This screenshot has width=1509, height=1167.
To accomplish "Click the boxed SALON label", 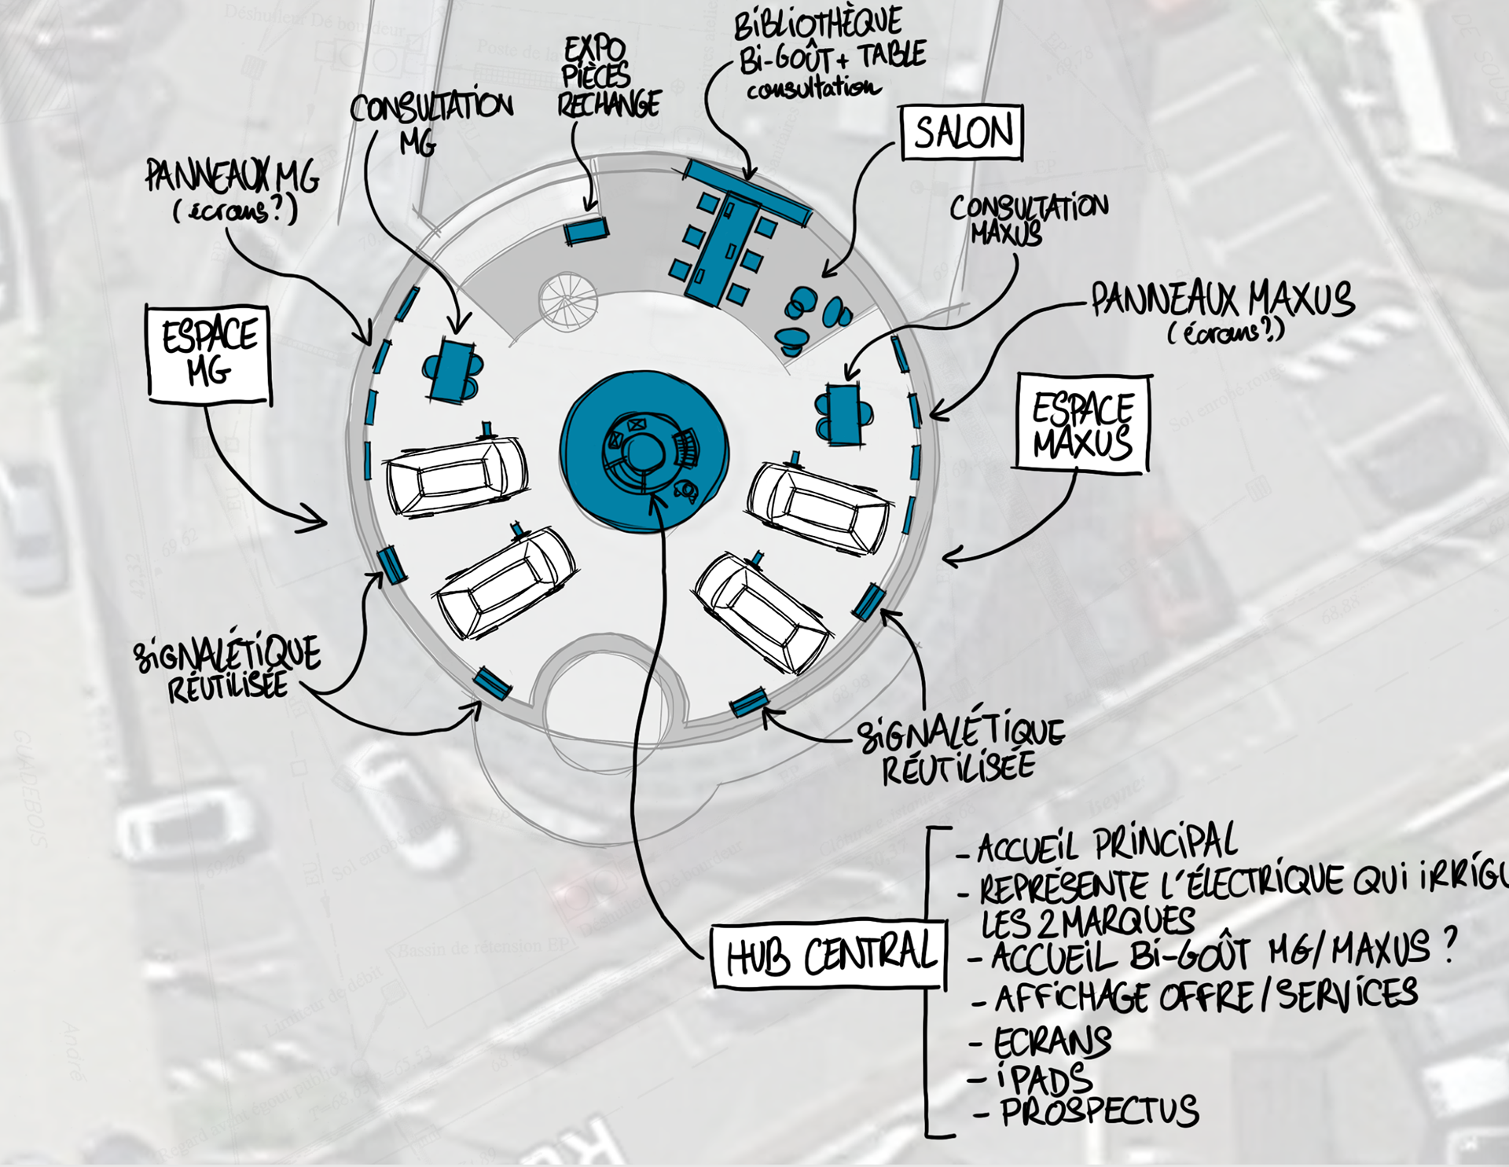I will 962,132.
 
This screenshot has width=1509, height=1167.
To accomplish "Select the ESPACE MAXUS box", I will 1082,424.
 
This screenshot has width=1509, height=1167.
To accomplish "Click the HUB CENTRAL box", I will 829,954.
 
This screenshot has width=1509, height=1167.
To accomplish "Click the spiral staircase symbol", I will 567,300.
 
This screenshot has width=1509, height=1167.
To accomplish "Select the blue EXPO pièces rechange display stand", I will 586,231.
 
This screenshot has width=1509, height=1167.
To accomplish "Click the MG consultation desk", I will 453,370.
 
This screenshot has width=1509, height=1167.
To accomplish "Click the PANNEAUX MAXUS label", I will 1223,301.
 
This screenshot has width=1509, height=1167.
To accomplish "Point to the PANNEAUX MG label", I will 233,177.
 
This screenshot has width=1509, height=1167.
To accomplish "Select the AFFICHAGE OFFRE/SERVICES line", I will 1206,996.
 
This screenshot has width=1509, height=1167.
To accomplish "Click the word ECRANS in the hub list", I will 1052,1042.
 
